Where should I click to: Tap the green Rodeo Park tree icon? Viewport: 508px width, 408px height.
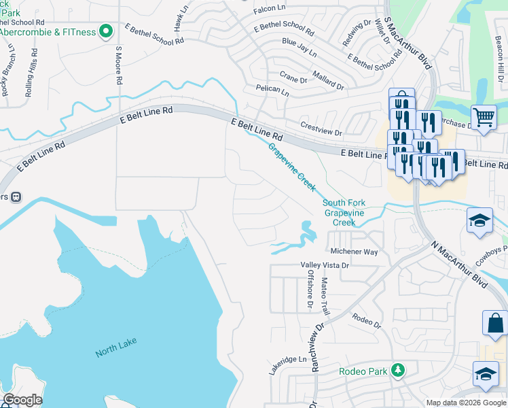click(x=397, y=371)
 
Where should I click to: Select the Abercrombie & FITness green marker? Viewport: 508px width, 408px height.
click(x=106, y=31)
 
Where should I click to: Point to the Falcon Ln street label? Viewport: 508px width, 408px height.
click(x=270, y=8)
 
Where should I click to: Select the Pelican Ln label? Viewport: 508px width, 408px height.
click(x=272, y=90)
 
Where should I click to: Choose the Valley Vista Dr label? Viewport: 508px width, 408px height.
click(x=325, y=265)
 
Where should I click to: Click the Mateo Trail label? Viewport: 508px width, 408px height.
click(x=325, y=296)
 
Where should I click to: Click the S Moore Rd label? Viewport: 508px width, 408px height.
click(x=118, y=65)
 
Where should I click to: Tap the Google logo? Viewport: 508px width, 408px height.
click(x=22, y=400)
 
